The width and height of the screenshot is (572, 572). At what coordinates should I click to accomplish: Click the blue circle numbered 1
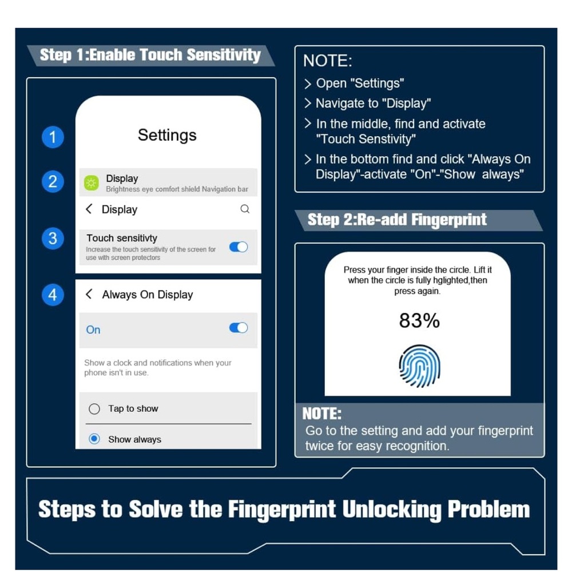(53, 137)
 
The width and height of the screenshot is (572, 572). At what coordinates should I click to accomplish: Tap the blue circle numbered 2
(53, 182)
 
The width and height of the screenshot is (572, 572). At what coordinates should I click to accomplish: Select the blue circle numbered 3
(53, 239)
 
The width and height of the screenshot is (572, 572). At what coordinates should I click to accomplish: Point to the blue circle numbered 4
(53, 295)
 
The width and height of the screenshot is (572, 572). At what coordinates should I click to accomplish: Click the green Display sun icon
(91, 183)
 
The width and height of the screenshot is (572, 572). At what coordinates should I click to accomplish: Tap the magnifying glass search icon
(245, 209)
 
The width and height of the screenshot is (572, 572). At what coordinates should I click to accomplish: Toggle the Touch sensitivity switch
(239, 247)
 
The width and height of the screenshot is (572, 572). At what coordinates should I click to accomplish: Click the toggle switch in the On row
(239, 328)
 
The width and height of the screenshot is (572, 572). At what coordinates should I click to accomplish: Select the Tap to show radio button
(94, 409)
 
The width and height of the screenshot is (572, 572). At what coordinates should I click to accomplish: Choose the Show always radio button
(94, 439)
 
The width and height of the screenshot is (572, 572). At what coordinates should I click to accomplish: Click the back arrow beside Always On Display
(89, 294)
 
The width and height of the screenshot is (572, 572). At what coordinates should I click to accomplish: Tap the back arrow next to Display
(89, 209)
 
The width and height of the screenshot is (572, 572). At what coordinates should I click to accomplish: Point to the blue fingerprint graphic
(419, 366)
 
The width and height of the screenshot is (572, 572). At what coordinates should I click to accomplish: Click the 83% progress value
(419, 321)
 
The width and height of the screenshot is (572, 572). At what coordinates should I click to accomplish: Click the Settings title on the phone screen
(167, 136)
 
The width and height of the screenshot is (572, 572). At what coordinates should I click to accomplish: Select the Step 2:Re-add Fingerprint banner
(419, 220)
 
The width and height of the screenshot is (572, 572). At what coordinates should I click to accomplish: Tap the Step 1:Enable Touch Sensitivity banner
(150, 55)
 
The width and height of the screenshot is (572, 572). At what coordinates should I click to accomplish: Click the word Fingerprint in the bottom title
(281, 510)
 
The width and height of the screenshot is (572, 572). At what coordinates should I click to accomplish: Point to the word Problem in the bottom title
(488, 510)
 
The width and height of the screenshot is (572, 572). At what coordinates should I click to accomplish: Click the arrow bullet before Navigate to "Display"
(308, 104)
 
